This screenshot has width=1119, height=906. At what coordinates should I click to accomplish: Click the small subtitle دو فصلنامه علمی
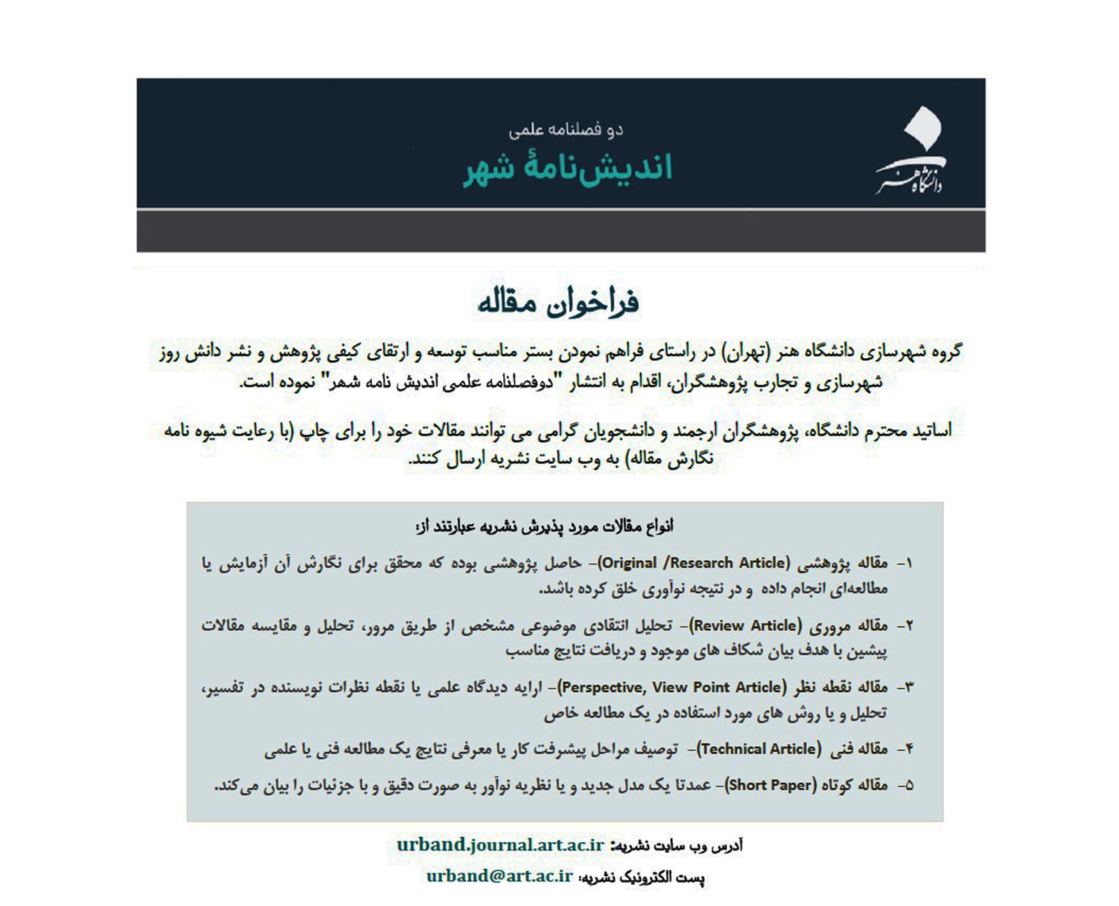[565, 130]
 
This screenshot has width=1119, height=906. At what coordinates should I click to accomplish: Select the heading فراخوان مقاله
[558, 302]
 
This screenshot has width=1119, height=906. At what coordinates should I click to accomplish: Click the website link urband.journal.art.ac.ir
[500, 845]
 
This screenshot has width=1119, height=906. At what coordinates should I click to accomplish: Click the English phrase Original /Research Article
[694, 563]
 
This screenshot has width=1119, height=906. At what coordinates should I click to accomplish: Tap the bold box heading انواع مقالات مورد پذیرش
[544, 526]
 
